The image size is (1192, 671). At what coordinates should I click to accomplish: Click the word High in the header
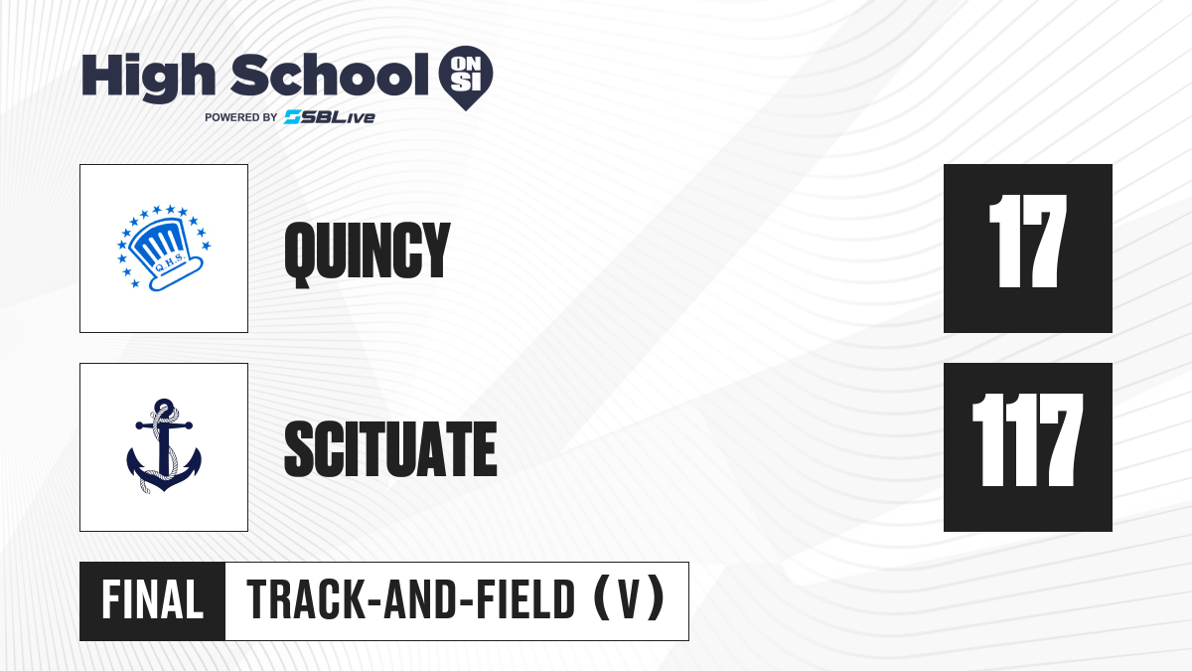[148, 78]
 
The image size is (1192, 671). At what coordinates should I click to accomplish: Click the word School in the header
[330, 76]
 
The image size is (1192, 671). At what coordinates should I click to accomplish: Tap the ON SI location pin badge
[466, 78]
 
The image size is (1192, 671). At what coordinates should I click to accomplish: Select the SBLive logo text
[329, 117]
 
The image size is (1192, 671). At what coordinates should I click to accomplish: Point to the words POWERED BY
[241, 117]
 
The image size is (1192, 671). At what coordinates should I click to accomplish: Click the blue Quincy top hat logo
[164, 248]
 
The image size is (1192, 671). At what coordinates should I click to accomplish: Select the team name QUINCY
[368, 254]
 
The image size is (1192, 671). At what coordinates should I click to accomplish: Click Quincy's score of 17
[1027, 242]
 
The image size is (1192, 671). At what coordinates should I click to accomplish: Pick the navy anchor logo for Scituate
[164, 446]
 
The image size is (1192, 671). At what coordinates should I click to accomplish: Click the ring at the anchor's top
[164, 407]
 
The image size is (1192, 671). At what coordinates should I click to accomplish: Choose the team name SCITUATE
[390, 448]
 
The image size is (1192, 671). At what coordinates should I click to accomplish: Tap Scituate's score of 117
[1027, 439]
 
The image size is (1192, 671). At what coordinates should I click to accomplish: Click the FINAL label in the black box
[153, 600]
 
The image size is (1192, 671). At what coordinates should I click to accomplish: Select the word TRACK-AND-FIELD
[411, 600]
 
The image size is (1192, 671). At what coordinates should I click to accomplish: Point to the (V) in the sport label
[629, 599]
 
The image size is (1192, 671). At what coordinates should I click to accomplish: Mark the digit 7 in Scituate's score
[1057, 439]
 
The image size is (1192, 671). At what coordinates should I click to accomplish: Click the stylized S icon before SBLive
[293, 116]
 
